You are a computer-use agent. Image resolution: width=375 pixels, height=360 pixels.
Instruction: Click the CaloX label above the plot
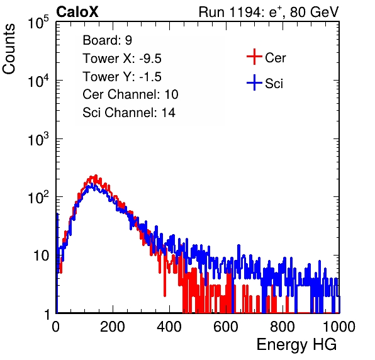pyautogui.click(x=77, y=12)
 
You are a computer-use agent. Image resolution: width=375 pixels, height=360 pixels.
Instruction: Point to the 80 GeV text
pyautogui.click(x=314, y=12)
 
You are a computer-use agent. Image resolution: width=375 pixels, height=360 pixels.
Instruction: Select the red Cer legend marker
pyautogui.click(x=254, y=57)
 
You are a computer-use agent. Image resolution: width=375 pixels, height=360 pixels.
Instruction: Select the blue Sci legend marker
pyautogui.click(x=254, y=82)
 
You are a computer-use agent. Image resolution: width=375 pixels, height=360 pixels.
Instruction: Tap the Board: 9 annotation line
pyautogui.click(x=107, y=40)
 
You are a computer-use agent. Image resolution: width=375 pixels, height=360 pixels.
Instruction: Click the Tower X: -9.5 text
pyautogui.click(x=122, y=59)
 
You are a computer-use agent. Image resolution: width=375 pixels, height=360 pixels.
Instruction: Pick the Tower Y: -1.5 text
pyautogui.click(x=122, y=77)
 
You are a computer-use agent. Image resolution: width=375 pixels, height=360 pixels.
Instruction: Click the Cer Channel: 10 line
pyautogui.click(x=130, y=94)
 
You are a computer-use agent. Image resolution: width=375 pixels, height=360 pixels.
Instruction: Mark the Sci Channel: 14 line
pyautogui.click(x=129, y=113)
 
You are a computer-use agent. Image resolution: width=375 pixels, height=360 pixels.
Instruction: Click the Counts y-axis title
pyautogui.click(x=9, y=49)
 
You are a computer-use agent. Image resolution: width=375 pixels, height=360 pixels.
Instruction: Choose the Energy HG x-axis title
pyautogui.click(x=296, y=345)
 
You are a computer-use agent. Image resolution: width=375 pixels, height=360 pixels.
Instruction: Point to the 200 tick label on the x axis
pyautogui.click(x=113, y=327)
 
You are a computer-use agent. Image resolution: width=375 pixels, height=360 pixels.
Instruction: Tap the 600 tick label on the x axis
pyautogui.click(x=226, y=327)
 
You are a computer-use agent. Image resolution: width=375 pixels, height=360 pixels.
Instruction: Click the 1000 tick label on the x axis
pyautogui.click(x=339, y=327)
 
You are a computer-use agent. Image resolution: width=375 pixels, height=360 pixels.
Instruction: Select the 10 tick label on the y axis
pyautogui.click(x=42, y=256)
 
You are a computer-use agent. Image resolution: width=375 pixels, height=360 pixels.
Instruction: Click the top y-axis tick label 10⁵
pyautogui.click(x=38, y=23)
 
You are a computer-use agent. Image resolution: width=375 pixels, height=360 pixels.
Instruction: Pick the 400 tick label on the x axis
pyautogui.click(x=169, y=327)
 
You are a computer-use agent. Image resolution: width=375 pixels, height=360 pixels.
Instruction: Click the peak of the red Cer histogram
pyautogui.click(x=96, y=176)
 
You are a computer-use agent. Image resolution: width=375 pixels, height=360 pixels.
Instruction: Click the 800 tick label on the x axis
pyautogui.click(x=283, y=327)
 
